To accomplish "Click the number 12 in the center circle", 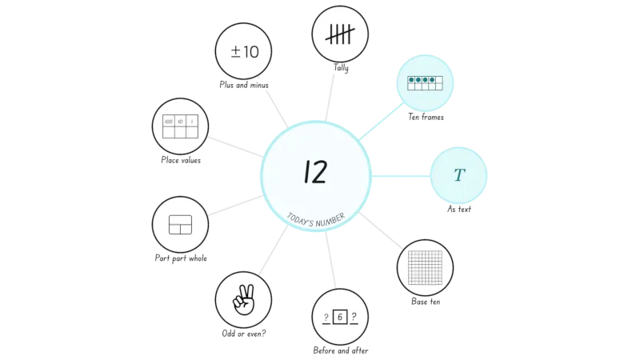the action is pos(315,171).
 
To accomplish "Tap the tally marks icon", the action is pos(340,34).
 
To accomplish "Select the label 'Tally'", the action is pos(341,68).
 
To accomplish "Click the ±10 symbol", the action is pos(245,52).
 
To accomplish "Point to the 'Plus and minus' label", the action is pos(244,85).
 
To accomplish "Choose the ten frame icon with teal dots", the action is pos(425,83).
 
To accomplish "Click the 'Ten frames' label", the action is pos(426,117).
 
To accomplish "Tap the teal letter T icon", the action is pos(459,175).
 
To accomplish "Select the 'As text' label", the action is pos(458,209).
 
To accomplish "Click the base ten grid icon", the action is pos(425,268).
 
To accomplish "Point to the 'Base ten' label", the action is pos(426,302).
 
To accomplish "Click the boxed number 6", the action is pos(340,317).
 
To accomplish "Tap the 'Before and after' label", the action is pos(341,350).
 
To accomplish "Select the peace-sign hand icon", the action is pos(244,299).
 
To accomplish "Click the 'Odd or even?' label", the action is pos(244,334).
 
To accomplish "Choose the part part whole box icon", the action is pos(181,225).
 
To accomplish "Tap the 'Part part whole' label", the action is pos(181,258).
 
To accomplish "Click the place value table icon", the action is pos(181,126).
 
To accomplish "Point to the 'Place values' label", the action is pos(181,161).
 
